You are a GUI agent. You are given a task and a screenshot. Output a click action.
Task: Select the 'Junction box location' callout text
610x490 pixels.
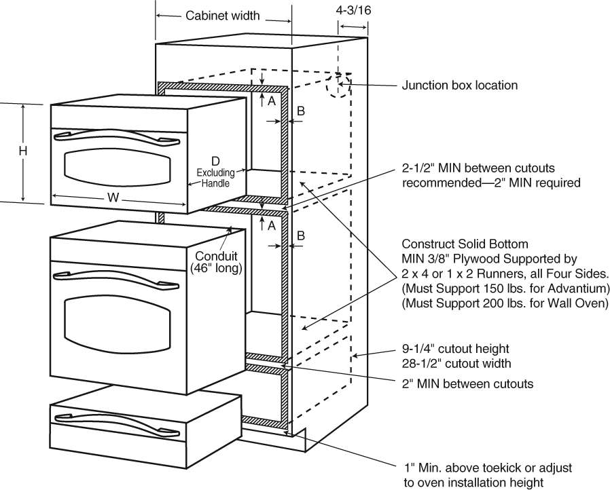point(460,86)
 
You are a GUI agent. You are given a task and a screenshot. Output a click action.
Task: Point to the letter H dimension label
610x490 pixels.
point(22,152)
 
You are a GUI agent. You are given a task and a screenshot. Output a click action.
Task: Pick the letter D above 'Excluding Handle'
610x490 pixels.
point(215,161)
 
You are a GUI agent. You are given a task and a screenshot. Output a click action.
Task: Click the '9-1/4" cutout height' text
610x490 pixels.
point(456,349)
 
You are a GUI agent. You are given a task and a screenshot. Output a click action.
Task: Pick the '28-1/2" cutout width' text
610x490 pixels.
point(457,363)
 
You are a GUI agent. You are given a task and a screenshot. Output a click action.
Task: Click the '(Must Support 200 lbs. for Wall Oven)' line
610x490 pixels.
point(505,303)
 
